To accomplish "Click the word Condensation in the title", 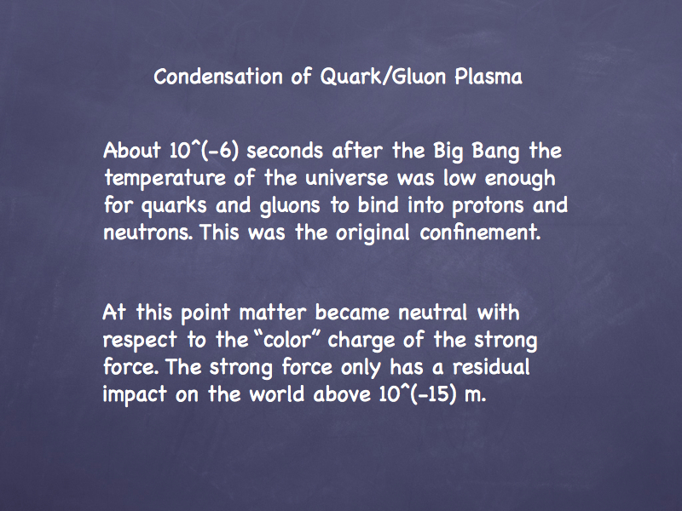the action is point(218,77).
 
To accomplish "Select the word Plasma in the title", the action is point(488,77).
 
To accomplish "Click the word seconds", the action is point(285,152).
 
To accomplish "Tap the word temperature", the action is point(165,179).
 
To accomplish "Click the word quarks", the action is point(174,206).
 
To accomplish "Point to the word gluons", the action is point(290,206).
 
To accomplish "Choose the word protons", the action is point(488,206).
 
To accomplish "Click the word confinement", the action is point(480,232).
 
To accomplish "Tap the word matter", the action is point(273,313).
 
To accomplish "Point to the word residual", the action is point(492,367).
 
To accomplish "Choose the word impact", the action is point(135,394).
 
